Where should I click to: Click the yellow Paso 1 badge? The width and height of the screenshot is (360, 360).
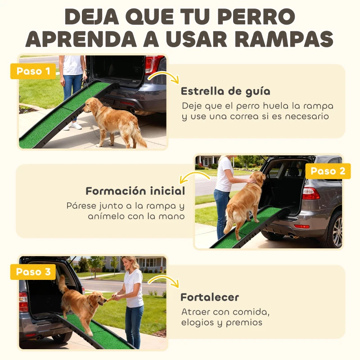pos(33,71)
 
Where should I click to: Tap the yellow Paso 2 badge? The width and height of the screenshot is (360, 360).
pos(328,171)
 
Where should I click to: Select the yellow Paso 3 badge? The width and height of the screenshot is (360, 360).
pos(33,272)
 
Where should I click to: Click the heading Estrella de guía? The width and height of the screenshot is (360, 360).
pos(225,91)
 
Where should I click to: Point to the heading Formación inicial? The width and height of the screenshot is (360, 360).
pos(135,191)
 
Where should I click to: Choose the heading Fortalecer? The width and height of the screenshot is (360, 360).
pos(210,297)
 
